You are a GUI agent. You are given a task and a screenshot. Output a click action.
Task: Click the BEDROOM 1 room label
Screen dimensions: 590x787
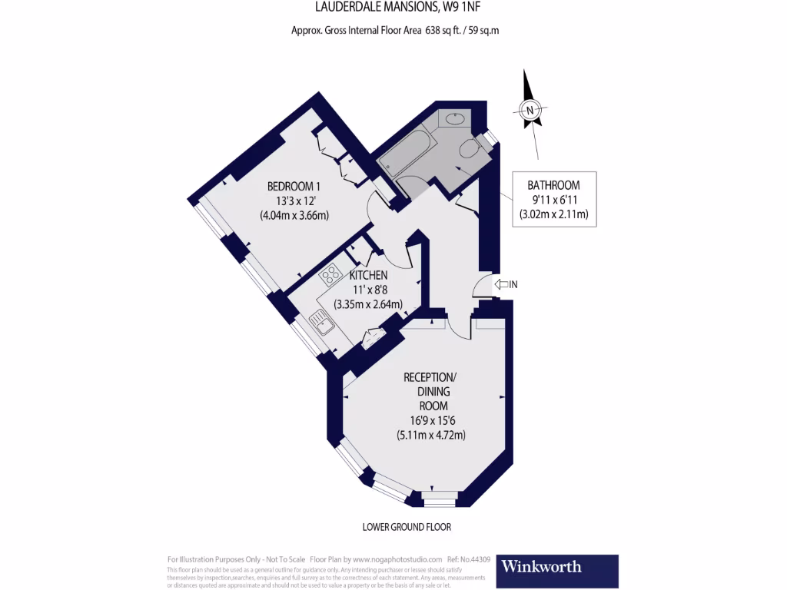(x=294, y=186)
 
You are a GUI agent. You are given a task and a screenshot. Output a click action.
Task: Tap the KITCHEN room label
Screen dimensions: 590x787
(x=368, y=275)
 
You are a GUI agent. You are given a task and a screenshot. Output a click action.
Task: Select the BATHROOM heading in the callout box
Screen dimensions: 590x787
(x=553, y=185)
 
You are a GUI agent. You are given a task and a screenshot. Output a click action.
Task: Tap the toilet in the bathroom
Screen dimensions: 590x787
(x=467, y=147)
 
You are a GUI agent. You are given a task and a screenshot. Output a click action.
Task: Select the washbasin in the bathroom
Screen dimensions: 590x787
(x=453, y=118)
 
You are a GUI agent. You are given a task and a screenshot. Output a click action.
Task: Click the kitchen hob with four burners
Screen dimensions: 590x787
(x=331, y=273)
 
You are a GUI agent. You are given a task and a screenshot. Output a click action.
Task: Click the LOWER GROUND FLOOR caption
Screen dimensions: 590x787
(x=407, y=528)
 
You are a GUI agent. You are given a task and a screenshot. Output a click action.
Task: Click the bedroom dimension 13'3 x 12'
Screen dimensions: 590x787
(x=294, y=201)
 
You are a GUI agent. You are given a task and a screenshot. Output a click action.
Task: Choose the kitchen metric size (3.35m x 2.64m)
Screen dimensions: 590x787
(x=368, y=304)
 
